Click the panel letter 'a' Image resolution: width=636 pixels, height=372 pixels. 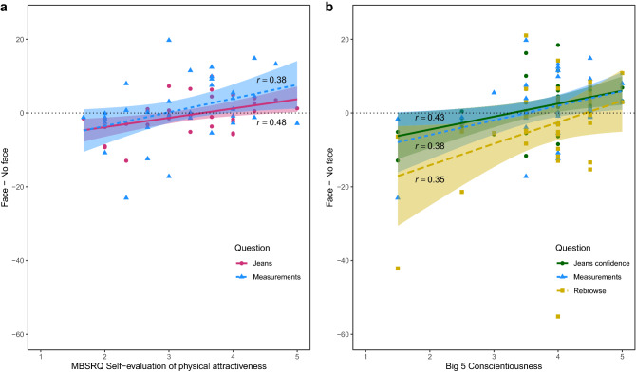click(5, 7)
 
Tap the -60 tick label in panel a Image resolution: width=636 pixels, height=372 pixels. click(17, 335)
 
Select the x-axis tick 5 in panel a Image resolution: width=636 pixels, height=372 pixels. click(297, 353)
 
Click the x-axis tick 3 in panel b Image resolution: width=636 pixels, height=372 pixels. click(494, 353)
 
